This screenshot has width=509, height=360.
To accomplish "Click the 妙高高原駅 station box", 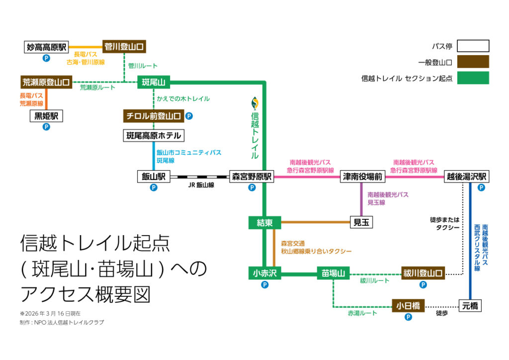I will click(x=47, y=47).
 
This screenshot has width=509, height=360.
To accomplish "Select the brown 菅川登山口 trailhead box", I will click(x=124, y=46).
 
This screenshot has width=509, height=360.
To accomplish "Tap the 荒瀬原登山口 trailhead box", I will click(x=46, y=82).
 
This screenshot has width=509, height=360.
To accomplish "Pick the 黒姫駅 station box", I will click(x=46, y=116).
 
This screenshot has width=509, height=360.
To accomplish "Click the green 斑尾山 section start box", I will click(x=154, y=82).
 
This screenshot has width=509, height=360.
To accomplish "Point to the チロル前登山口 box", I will click(x=154, y=116).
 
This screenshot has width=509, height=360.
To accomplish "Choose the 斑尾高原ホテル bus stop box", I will click(x=154, y=135).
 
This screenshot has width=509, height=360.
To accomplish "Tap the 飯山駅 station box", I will click(x=154, y=177).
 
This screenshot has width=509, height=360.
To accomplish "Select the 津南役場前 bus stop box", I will click(x=362, y=177).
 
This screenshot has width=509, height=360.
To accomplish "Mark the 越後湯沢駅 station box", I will click(x=466, y=177).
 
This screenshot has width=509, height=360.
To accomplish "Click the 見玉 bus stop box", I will click(x=361, y=222).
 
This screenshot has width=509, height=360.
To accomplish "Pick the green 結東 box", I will click(x=264, y=223).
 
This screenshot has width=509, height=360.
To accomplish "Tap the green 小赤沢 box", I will click(x=264, y=272).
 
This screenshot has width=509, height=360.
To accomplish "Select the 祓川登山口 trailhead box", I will click(x=423, y=272).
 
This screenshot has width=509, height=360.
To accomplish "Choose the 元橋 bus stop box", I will click(x=470, y=305).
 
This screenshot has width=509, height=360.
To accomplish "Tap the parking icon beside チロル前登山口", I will click(x=189, y=116).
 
